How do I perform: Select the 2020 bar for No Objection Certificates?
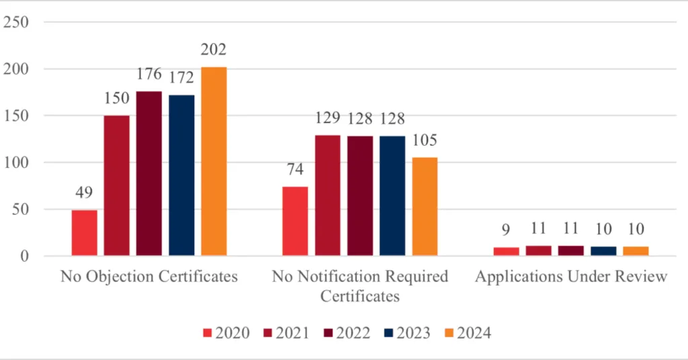[85, 232]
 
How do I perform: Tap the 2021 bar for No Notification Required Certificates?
[328, 195]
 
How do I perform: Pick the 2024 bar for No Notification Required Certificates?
[425, 206]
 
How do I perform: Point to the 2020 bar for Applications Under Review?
[507, 251]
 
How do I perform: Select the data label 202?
[214, 50]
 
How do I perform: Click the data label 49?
[85, 193]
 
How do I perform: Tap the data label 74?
[296, 169]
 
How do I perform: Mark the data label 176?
[149, 74]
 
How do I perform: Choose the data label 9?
[507, 230]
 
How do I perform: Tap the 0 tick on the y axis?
[25, 256]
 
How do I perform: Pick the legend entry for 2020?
[226, 333]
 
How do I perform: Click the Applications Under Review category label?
[571, 277]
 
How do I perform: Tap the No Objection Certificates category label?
[149, 277]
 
